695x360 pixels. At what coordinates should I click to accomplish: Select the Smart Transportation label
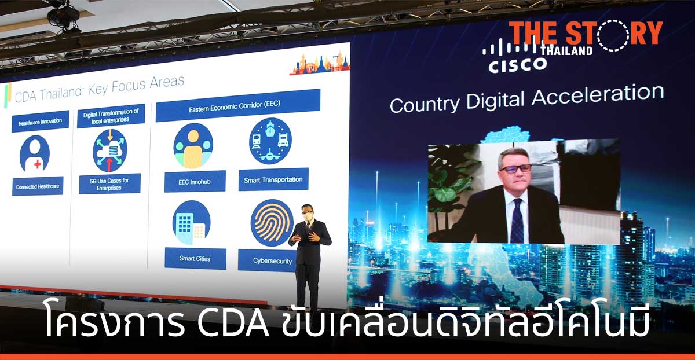click(x=273, y=179)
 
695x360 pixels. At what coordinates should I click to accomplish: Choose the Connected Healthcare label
click(x=38, y=186)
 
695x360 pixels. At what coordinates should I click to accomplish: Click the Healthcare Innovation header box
click(x=40, y=122)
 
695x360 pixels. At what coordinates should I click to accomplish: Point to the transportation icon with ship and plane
click(x=270, y=141)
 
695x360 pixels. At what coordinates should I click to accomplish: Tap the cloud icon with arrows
click(x=109, y=150)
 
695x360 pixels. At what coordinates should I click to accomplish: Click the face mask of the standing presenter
click(x=308, y=215)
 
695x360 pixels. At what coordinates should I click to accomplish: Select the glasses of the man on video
click(x=514, y=168)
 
